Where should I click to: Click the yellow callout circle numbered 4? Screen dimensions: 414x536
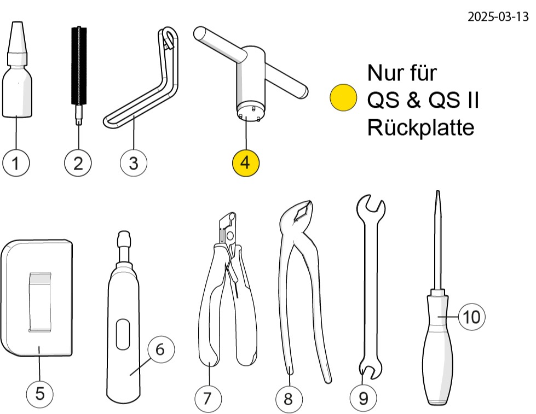(x=245, y=162)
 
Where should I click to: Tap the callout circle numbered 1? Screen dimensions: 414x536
(x=16, y=162)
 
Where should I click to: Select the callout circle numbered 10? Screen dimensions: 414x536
(x=472, y=317)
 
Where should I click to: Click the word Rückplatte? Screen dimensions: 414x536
(x=420, y=128)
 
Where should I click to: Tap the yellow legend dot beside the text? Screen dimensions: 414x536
(x=343, y=98)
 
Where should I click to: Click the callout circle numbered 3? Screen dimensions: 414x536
(x=133, y=162)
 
